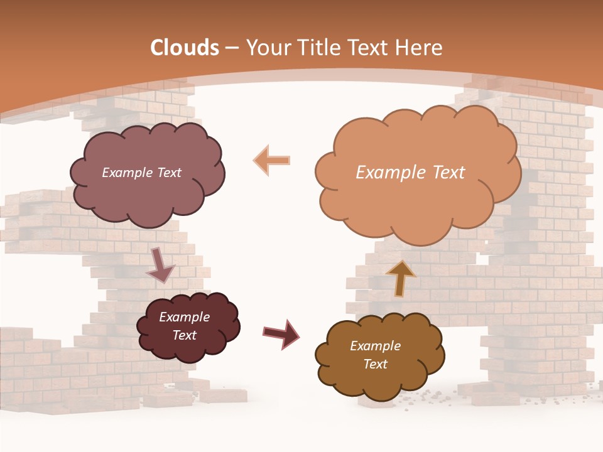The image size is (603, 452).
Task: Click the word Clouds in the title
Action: click(x=185, y=48)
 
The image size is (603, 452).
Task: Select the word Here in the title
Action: click(x=419, y=48)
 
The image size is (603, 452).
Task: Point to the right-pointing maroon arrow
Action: click(x=281, y=333)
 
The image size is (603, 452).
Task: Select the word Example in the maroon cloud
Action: click(x=184, y=317)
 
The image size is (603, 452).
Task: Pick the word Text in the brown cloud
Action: click(x=375, y=364)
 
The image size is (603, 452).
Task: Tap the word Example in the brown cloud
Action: click(x=375, y=346)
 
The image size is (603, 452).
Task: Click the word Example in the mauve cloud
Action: click(x=127, y=173)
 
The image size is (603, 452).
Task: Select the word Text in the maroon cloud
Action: click(x=184, y=335)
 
